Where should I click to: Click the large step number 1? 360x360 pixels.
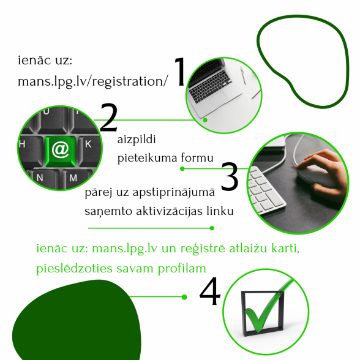pyautogui.click(x=181, y=72)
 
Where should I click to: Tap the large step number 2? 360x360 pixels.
pyautogui.click(x=109, y=118)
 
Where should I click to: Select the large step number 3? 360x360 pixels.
pyautogui.click(x=230, y=176)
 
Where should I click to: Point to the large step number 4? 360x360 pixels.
pyautogui.click(x=210, y=291)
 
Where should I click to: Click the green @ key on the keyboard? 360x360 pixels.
pyautogui.click(x=61, y=151)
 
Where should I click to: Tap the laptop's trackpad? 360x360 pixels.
pyautogui.click(x=218, y=99)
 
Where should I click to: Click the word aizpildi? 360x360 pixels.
pyautogui.click(x=137, y=140)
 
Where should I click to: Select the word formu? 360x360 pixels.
pyautogui.click(x=197, y=158)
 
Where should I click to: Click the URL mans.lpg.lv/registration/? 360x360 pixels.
pyautogui.click(x=93, y=81)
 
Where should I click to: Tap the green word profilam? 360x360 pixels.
pyautogui.click(x=182, y=268)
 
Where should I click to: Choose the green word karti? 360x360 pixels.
pyautogui.click(x=285, y=248)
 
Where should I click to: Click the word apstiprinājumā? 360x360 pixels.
pyautogui.click(x=174, y=193)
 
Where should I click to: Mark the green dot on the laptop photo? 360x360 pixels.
pyautogui.click(x=205, y=120)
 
